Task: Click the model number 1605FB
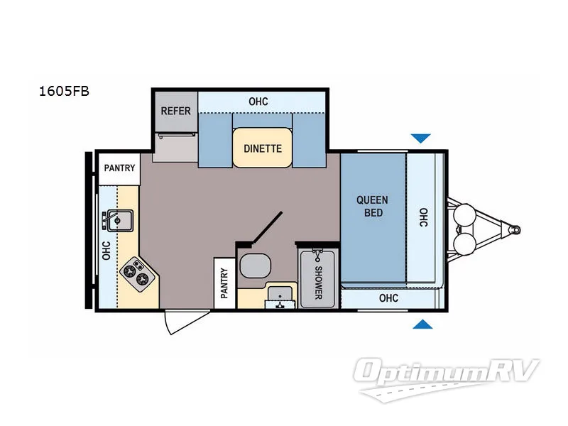click(x=64, y=91)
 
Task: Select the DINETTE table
click(x=263, y=148)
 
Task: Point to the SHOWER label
click(x=317, y=282)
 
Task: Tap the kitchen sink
click(x=119, y=221)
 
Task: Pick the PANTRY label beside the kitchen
click(x=119, y=168)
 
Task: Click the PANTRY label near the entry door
click(x=224, y=283)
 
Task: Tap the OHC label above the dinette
click(x=258, y=102)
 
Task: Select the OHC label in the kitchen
click(x=106, y=249)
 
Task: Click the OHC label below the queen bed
click(x=388, y=298)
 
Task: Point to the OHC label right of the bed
click(x=423, y=217)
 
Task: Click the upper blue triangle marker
click(x=422, y=138)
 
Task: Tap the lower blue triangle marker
click(x=422, y=325)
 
